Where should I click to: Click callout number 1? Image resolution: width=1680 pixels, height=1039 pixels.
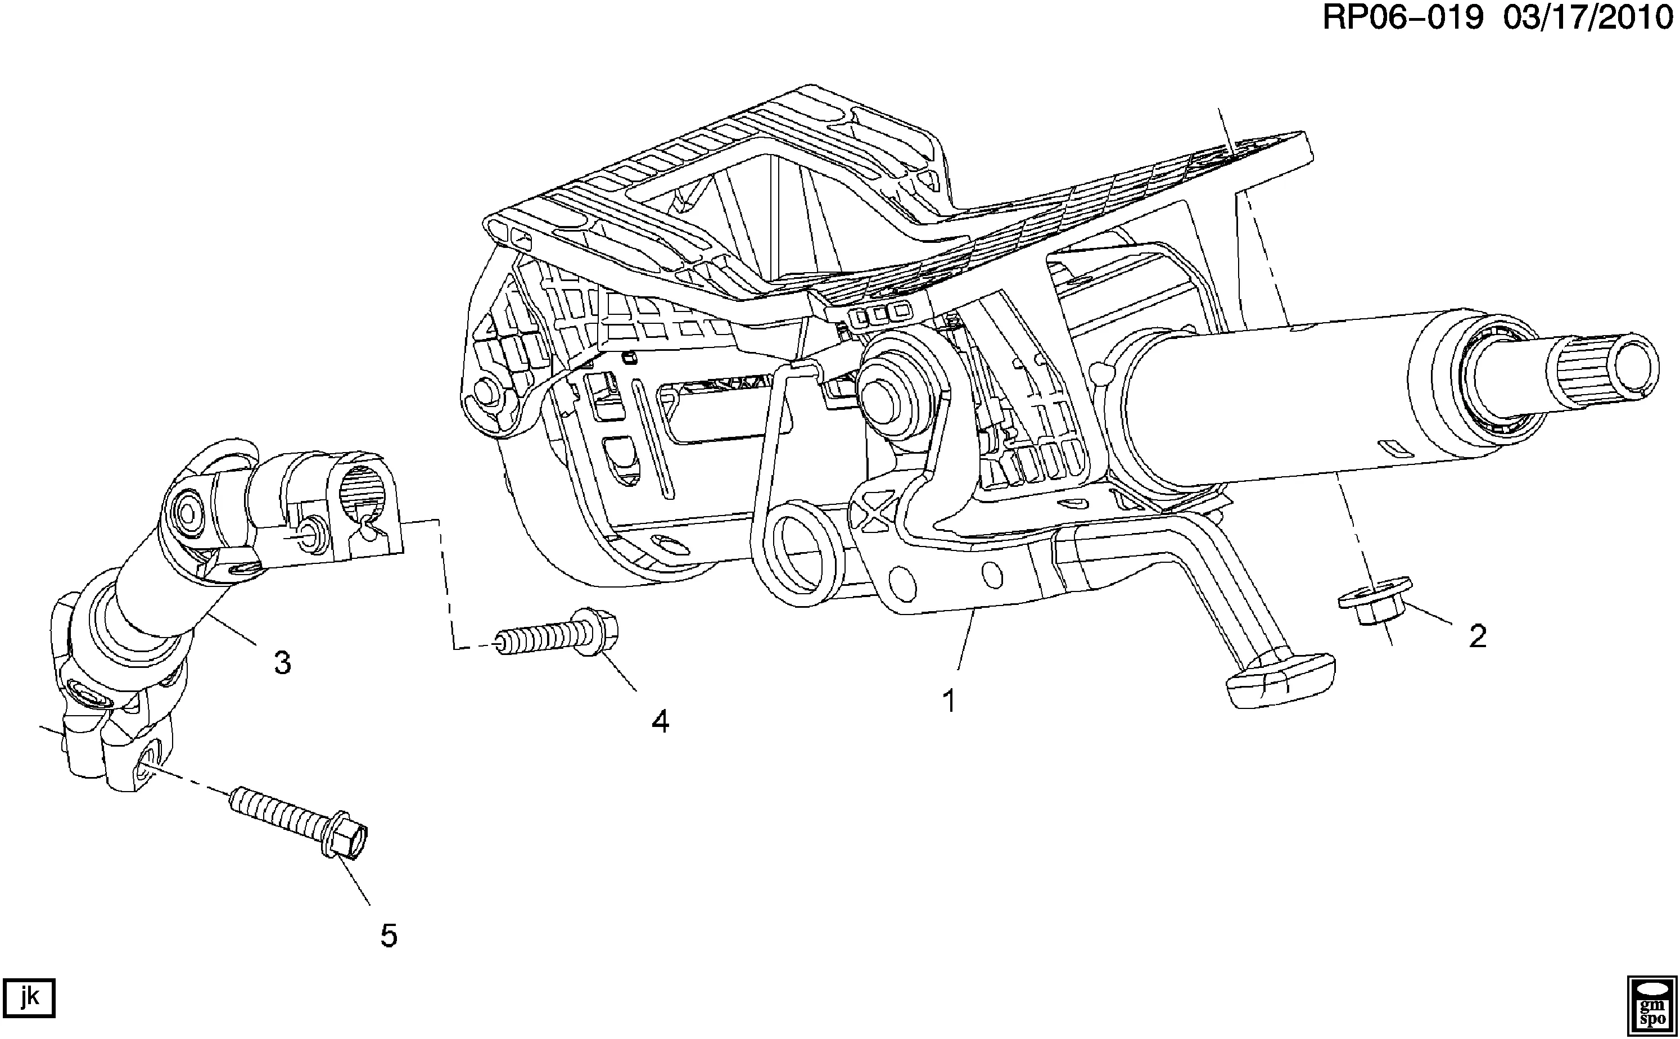pos(949,702)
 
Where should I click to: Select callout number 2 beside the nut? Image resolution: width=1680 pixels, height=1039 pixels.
pos(1477,636)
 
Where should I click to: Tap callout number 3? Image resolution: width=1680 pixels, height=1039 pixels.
pos(282,663)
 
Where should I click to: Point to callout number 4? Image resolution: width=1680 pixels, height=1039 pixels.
pos(660,721)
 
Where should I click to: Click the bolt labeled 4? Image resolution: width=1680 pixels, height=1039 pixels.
pos(557,636)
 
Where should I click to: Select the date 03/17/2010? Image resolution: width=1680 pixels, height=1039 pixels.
pos(1588,18)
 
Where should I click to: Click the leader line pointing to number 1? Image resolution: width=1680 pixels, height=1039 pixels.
pos(965,642)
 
